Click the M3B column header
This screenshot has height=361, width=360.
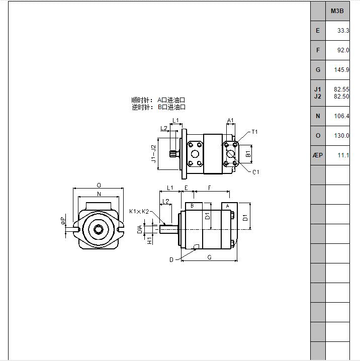(x=337, y=11)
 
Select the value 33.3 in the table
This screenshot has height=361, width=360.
(x=343, y=31)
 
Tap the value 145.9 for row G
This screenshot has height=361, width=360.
(x=341, y=70)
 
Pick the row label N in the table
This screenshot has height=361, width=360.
(x=318, y=116)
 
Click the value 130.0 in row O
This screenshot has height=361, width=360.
(x=341, y=136)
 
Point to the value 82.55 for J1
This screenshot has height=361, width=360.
(x=341, y=89)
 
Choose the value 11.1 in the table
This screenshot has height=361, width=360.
(x=343, y=155)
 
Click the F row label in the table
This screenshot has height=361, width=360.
(x=318, y=50)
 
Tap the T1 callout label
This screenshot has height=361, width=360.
(x=254, y=132)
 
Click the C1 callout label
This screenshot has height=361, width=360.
(x=256, y=172)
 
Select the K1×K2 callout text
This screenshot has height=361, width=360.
(x=139, y=211)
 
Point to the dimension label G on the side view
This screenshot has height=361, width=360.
(x=209, y=257)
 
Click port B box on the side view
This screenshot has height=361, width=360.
(x=194, y=206)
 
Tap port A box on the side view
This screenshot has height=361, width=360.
(x=229, y=206)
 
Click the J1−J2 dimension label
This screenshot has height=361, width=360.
(x=153, y=153)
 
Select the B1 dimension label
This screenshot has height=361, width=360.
(x=248, y=154)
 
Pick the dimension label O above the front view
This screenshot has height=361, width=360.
(x=99, y=185)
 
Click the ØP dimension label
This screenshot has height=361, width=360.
(x=63, y=221)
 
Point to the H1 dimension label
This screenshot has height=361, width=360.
(x=150, y=240)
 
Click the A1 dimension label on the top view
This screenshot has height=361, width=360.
(x=230, y=120)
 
